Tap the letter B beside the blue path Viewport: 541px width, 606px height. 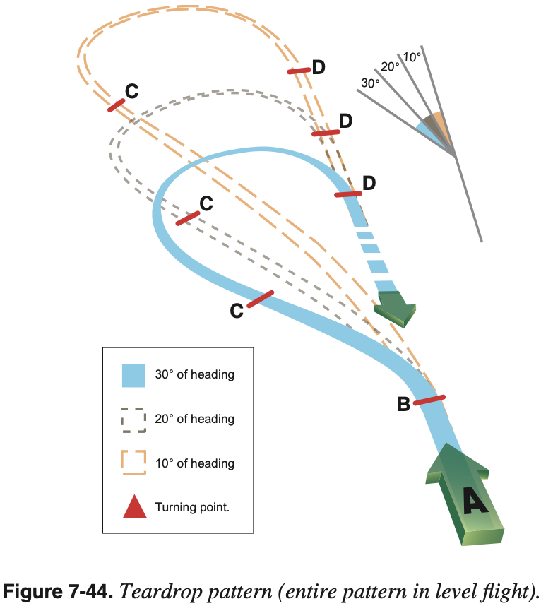click(x=404, y=405)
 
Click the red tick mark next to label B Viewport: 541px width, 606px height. click(x=429, y=400)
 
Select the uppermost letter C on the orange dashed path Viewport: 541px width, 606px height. click(x=131, y=90)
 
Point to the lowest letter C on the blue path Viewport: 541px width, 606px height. click(x=237, y=310)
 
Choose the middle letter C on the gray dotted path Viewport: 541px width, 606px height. click(x=206, y=203)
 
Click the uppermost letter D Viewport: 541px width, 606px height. click(x=319, y=67)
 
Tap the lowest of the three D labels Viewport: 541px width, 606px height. click(x=369, y=184)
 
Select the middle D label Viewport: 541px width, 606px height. click(x=345, y=121)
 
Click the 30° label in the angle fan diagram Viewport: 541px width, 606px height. click(x=370, y=83)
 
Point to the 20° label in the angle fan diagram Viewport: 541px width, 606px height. click(x=390, y=67)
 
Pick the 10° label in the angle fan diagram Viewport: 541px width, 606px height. click(x=412, y=56)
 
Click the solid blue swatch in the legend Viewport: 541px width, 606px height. click(x=133, y=375)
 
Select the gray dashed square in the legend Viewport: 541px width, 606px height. click(x=133, y=420)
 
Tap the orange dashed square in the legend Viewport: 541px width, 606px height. click(x=133, y=463)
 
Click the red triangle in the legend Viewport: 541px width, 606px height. click(x=134, y=506)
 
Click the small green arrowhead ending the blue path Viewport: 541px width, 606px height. click(x=397, y=308)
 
